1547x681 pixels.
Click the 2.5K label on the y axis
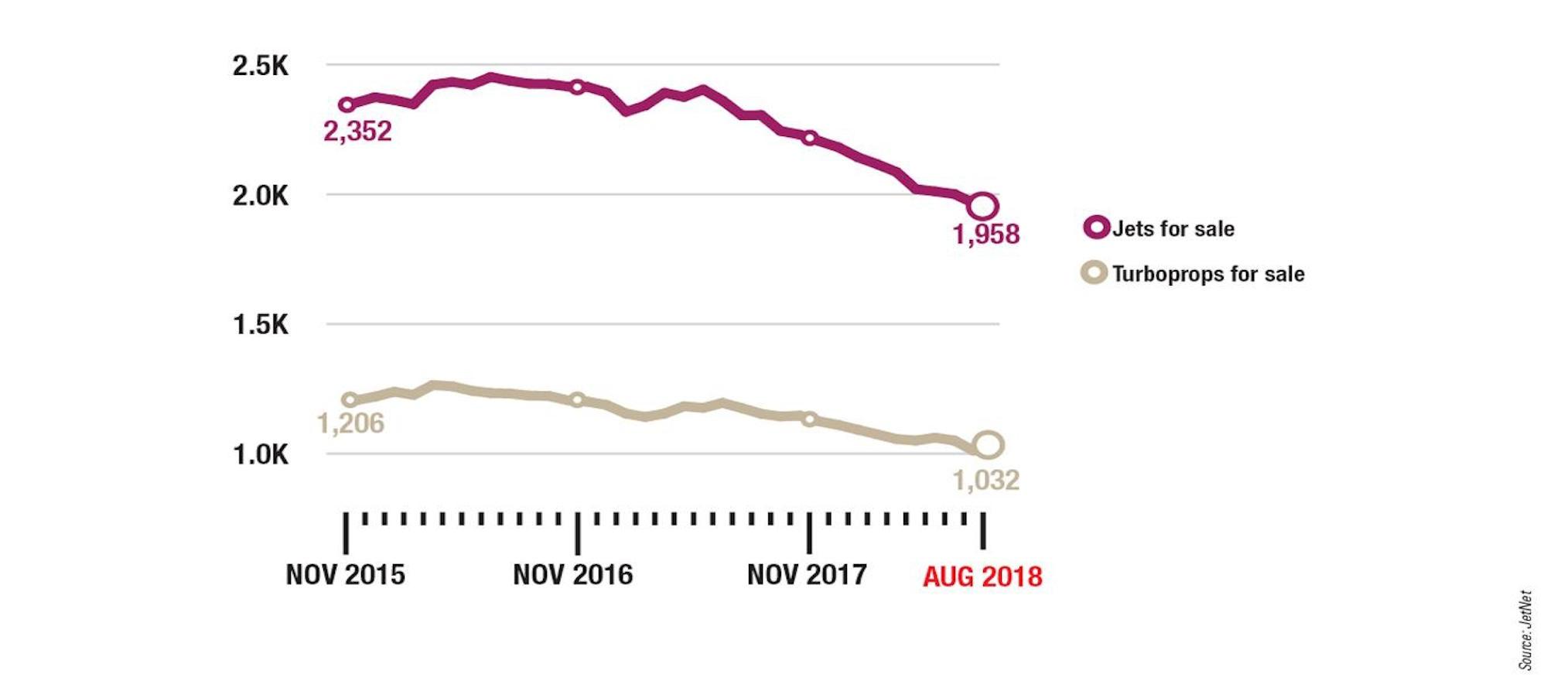[x=260, y=66]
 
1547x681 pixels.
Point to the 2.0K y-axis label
[x=260, y=196]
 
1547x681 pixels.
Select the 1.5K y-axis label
[x=260, y=325]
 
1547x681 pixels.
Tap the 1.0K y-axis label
[x=260, y=455]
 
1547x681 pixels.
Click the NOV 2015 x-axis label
[x=345, y=575]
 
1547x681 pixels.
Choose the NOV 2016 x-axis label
[x=573, y=575]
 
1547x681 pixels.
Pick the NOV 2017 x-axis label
[x=807, y=575]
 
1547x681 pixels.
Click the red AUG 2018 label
[x=982, y=577]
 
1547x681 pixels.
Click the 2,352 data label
[x=357, y=132]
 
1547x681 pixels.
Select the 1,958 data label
[x=985, y=234]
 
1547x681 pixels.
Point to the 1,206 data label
[x=350, y=423]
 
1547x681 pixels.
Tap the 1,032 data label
[x=985, y=481]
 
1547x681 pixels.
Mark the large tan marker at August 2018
[x=989, y=444]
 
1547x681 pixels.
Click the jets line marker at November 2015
[x=347, y=104]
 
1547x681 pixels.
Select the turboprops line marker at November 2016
[x=577, y=399]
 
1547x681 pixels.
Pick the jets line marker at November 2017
[x=809, y=138]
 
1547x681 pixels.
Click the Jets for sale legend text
[x=1173, y=229]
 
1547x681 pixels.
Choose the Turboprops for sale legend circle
[x=1094, y=272]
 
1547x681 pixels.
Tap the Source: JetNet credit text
[x=1525, y=630]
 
